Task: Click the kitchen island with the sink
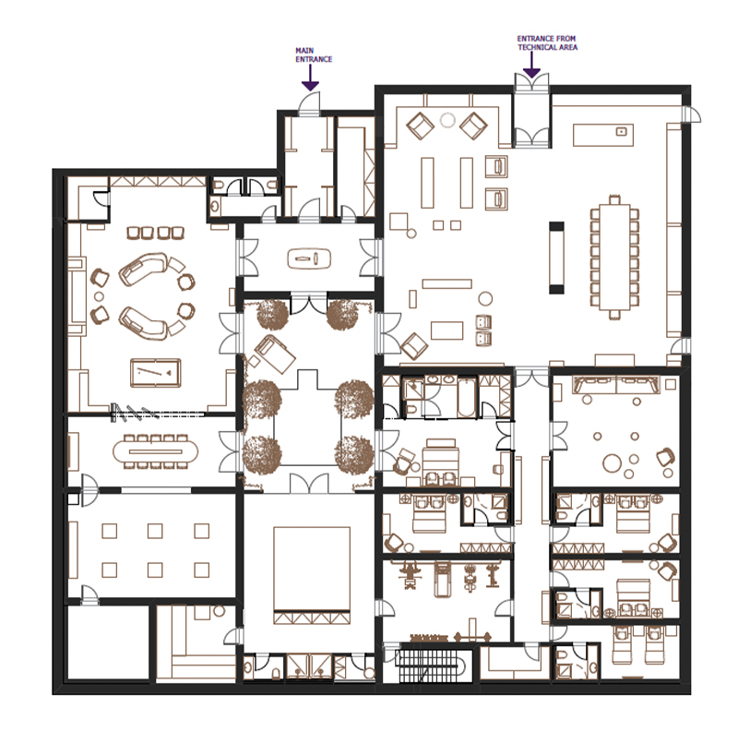coord(602,135)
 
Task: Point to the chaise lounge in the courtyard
coord(272,353)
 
